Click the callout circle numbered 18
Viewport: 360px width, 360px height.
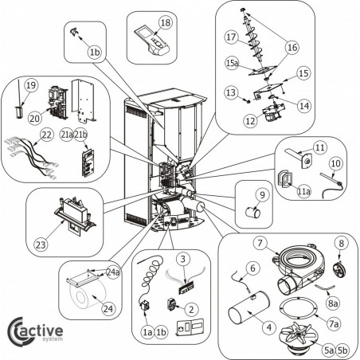(x=166, y=23)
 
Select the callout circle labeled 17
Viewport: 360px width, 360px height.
(x=231, y=37)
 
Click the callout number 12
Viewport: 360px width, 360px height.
(x=250, y=121)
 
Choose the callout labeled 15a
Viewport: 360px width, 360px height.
(x=233, y=63)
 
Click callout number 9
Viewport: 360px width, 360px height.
(x=262, y=195)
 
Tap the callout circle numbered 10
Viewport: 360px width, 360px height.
(x=336, y=163)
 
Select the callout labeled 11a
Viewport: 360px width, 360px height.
(x=303, y=191)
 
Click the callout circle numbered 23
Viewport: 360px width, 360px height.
(x=41, y=245)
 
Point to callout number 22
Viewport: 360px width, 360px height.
(x=46, y=135)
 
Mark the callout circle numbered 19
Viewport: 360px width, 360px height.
(x=31, y=85)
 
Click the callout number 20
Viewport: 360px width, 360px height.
(x=35, y=119)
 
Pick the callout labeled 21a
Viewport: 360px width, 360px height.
(x=67, y=135)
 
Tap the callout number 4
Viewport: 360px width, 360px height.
(x=269, y=327)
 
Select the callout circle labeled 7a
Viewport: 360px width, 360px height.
(x=334, y=323)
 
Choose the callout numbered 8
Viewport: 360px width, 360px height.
(x=342, y=243)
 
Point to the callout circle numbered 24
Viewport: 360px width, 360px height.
(x=108, y=309)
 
